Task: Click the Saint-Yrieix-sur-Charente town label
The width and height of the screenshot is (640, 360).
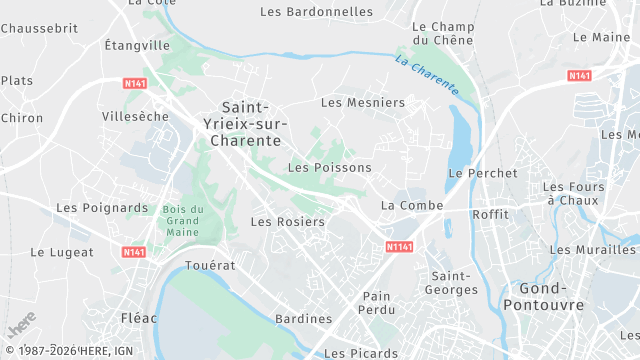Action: (249, 124)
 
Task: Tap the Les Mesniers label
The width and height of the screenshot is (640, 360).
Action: (363, 102)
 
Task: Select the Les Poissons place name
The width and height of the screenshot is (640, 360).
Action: (329, 168)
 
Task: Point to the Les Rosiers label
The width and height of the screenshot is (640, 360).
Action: (287, 222)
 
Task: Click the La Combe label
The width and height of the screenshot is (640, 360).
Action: (404, 205)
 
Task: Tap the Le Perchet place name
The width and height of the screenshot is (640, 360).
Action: (483, 173)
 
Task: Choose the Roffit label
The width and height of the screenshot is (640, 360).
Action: (490, 214)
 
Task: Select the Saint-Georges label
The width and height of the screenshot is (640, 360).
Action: (453, 282)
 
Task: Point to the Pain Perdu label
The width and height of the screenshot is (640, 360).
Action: (377, 303)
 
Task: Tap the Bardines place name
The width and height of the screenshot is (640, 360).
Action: (303, 319)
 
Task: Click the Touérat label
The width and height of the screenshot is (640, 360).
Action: (210, 266)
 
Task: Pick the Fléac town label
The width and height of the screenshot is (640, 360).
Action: (138, 318)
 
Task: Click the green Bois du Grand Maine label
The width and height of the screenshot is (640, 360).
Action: (183, 220)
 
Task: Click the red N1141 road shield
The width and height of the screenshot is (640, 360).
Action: (400, 246)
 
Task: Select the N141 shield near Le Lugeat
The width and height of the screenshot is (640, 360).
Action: (135, 252)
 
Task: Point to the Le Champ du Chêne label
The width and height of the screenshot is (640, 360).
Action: (441, 33)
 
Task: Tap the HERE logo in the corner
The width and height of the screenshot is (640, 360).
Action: (22, 325)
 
